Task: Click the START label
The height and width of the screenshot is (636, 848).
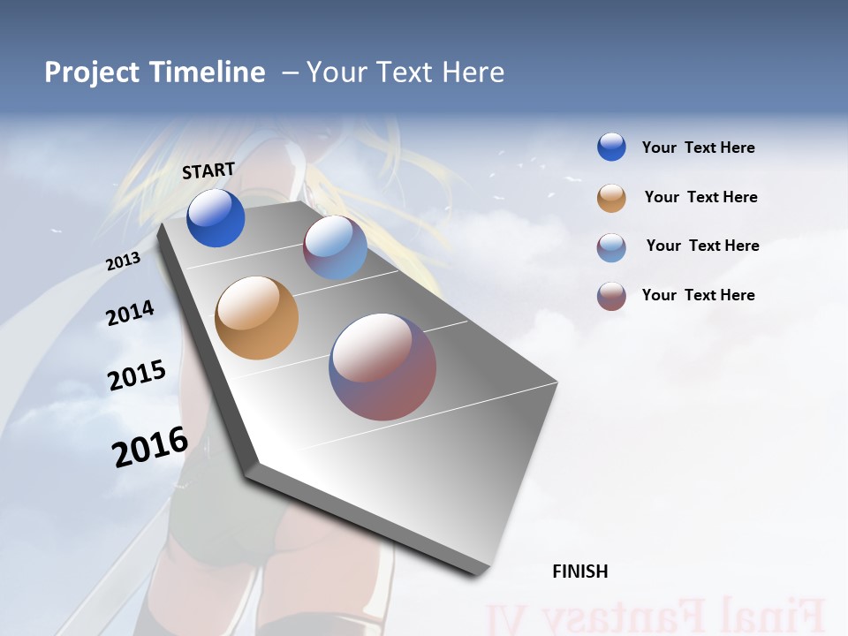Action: tap(208, 170)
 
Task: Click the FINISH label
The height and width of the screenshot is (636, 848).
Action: tap(580, 572)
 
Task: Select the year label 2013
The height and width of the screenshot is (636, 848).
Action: tap(124, 261)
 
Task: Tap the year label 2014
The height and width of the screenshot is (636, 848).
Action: tap(130, 313)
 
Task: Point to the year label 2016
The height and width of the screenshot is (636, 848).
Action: tap(150, 447)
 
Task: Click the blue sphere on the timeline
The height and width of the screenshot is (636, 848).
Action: tap(216, 218)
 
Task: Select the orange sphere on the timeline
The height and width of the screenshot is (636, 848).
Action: tap(256, 318)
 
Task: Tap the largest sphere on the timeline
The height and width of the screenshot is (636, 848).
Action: tap(382, 367)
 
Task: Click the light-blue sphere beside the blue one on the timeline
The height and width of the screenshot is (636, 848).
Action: tap(335, 247)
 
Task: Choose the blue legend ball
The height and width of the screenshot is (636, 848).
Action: tap(611, 147)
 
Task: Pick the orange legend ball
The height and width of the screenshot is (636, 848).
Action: tap(611, 198)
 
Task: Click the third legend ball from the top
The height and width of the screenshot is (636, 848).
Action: tap(611, 247)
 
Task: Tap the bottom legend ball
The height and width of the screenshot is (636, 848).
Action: tap(611, 296)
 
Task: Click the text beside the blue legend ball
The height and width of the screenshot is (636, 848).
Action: tap(698, 148)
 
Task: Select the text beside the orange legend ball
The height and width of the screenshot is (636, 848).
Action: tap(700, 197)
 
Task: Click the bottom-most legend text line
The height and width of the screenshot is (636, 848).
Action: tap(698, 295)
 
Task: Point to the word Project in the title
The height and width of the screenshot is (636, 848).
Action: tap(92, 72)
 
